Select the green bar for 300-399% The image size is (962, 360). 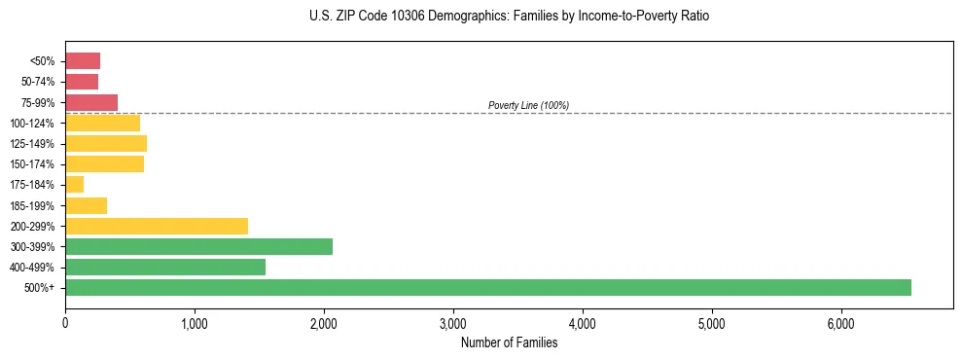198,247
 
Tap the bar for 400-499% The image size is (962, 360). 165,268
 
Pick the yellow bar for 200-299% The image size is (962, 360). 157,227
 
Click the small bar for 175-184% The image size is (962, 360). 75,185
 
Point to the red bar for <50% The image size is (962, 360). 83,61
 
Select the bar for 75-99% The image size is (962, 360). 91,102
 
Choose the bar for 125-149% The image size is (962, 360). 106,144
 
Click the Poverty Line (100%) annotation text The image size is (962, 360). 528,105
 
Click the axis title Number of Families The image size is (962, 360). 509,342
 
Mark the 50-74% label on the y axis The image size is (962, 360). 39,82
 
